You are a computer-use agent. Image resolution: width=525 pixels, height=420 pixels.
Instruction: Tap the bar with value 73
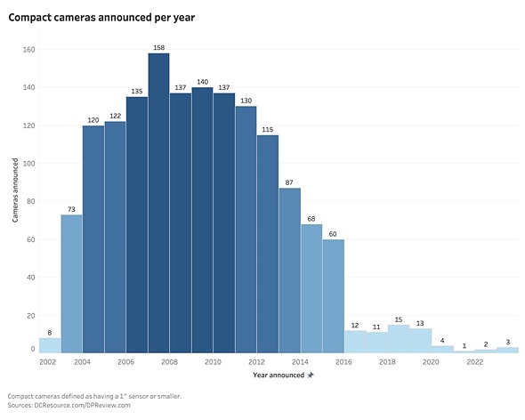[x=71, y=283]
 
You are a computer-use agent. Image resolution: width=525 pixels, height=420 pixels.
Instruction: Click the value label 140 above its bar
[x=202, y=81]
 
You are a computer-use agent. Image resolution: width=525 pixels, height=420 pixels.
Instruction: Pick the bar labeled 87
[x=289, y=270]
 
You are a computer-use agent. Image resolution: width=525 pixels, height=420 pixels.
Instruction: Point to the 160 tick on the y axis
[x=28, y=50]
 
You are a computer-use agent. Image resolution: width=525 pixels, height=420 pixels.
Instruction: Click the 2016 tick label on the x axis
[x=343, y=362]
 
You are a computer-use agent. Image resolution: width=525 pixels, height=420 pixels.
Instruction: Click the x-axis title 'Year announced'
[x=278, y=376]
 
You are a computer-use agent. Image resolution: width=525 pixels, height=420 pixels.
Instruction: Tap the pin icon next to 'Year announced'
[x=310, y=376]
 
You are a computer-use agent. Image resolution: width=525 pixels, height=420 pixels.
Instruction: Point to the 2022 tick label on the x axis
[x=474, y=362]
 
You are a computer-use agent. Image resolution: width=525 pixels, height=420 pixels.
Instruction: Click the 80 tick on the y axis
[x=30, y=201]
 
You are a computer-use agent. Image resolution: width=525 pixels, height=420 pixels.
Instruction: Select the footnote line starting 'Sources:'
[x=69, y=405]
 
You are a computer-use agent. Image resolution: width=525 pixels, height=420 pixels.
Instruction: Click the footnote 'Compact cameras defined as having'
[x=94, y=395]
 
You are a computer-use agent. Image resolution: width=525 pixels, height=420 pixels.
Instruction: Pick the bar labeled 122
[x=115, y=237]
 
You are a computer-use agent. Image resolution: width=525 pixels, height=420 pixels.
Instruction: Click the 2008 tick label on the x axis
[x=169, y=362]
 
